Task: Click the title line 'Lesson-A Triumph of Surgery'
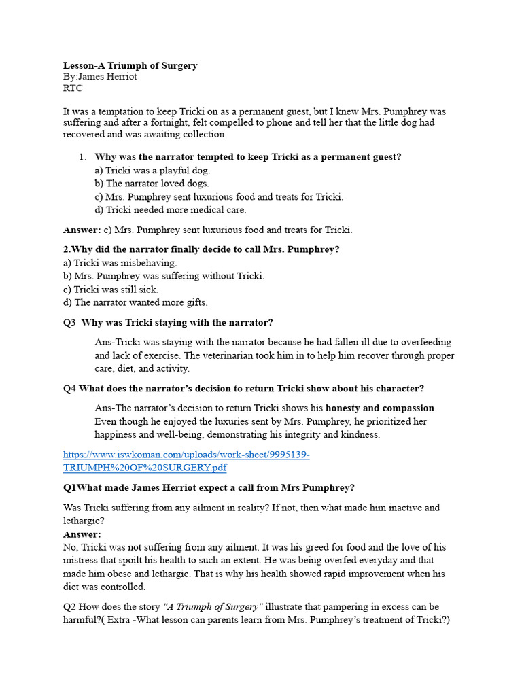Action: point(130,65)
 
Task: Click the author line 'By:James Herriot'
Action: point(100,77)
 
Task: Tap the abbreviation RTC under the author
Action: point(73,88)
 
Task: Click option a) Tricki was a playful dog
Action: point(152,171)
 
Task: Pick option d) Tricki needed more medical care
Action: point(170,210)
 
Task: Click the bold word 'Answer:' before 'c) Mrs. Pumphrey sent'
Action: point(82,230)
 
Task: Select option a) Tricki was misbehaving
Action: point(120,263)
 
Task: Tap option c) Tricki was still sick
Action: point(110,290)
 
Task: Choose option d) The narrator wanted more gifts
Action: point(135,302)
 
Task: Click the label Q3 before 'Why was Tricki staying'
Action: point(69,323)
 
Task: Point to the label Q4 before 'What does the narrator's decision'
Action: point(69,389)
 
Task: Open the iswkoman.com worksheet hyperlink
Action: point(186,455)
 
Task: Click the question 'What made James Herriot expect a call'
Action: point(217,488)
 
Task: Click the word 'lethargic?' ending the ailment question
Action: point(82,521)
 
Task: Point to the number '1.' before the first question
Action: point(82,157)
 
